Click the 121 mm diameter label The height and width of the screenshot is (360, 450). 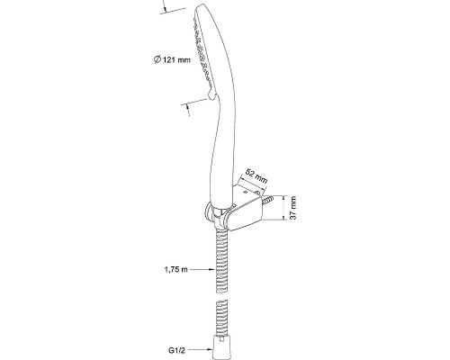coord(172,59)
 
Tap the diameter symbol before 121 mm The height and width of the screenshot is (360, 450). coord(157,59)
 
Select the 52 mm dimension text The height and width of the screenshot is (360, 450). coord(256,176)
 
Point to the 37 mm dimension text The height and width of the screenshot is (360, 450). coord(292,208)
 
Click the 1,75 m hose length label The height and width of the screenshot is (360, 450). coord(175,270)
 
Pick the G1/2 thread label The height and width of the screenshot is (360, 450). coord(175,349)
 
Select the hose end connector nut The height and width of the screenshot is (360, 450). coord(221,347)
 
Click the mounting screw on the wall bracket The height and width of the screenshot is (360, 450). coord(268,200)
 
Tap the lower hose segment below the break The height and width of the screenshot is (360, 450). coord(221,318)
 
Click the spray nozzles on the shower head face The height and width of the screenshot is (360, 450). coord(202,51)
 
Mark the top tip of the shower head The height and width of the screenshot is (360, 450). coord(202,4)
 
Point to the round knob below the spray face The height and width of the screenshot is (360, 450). coord(211,94)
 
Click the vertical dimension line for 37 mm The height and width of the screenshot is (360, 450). coord(284,208)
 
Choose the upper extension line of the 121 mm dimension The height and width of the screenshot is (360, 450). coord(178,9)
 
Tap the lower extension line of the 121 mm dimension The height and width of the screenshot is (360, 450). coord(194,101)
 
